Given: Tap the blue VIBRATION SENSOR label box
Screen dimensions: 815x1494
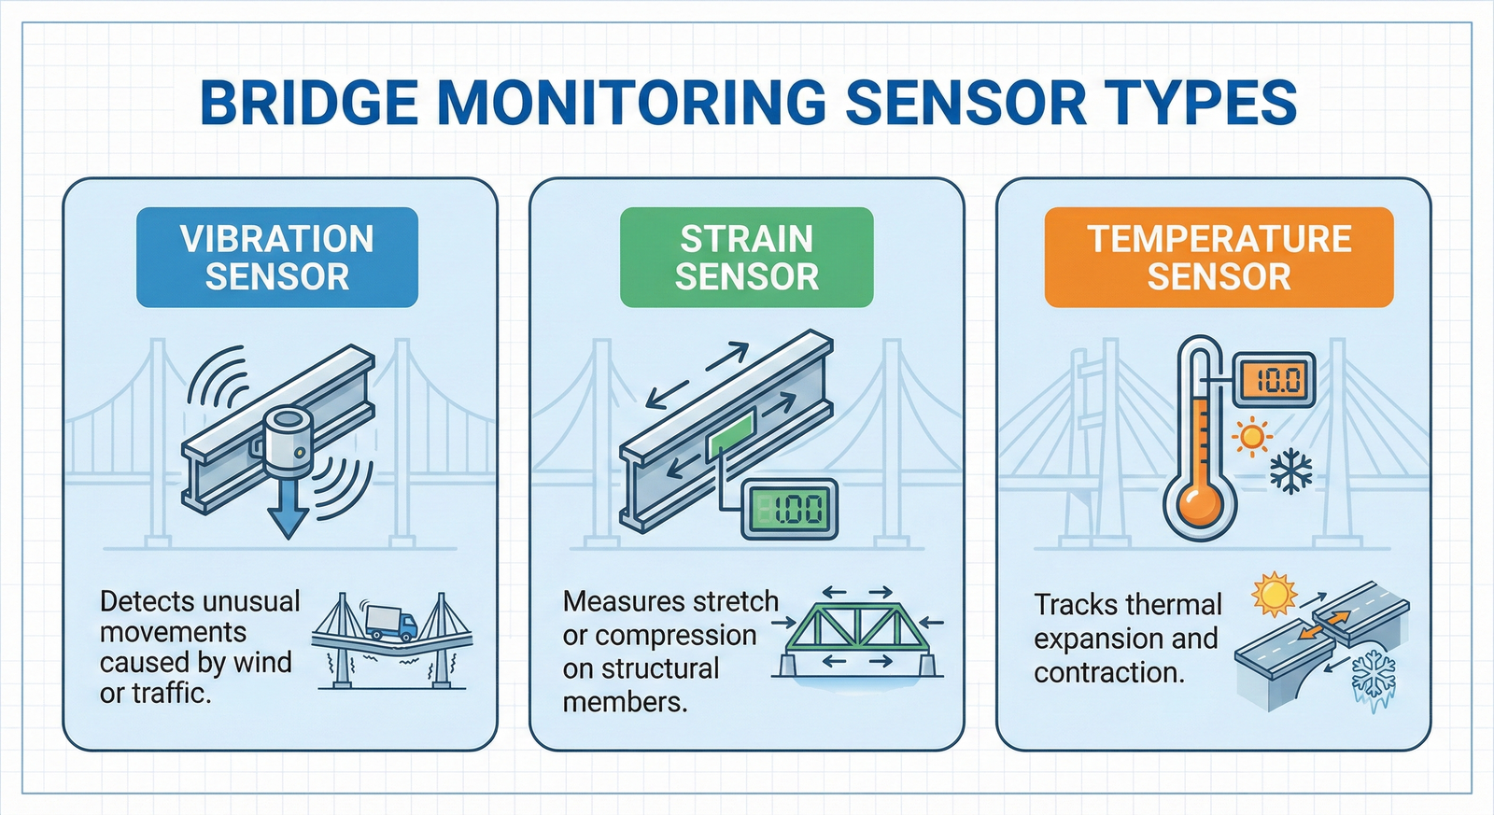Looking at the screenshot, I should [277, 258].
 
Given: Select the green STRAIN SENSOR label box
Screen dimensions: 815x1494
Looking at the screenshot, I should [747, 258].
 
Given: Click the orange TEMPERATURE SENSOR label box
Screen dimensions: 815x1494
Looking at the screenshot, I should [1219, 258].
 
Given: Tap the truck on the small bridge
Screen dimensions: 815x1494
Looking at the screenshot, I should [391, 622].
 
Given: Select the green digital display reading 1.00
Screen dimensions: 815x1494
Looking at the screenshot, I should [789, 510].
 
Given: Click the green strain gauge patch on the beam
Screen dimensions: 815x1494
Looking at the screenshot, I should [731, 436].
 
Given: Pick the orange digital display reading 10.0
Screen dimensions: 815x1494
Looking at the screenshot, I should [1275, 380].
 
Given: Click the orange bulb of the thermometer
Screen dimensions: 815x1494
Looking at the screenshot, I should [1200, 505].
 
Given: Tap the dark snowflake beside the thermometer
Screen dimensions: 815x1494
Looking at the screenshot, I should [1291, 472].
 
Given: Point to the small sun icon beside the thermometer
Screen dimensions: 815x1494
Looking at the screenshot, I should [1252, 436].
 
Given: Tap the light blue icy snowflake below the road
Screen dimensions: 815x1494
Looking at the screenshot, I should [1374, 679].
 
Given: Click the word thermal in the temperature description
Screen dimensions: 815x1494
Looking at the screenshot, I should [1177, 606].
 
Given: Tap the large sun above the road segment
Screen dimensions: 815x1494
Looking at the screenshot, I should [1275, 595].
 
